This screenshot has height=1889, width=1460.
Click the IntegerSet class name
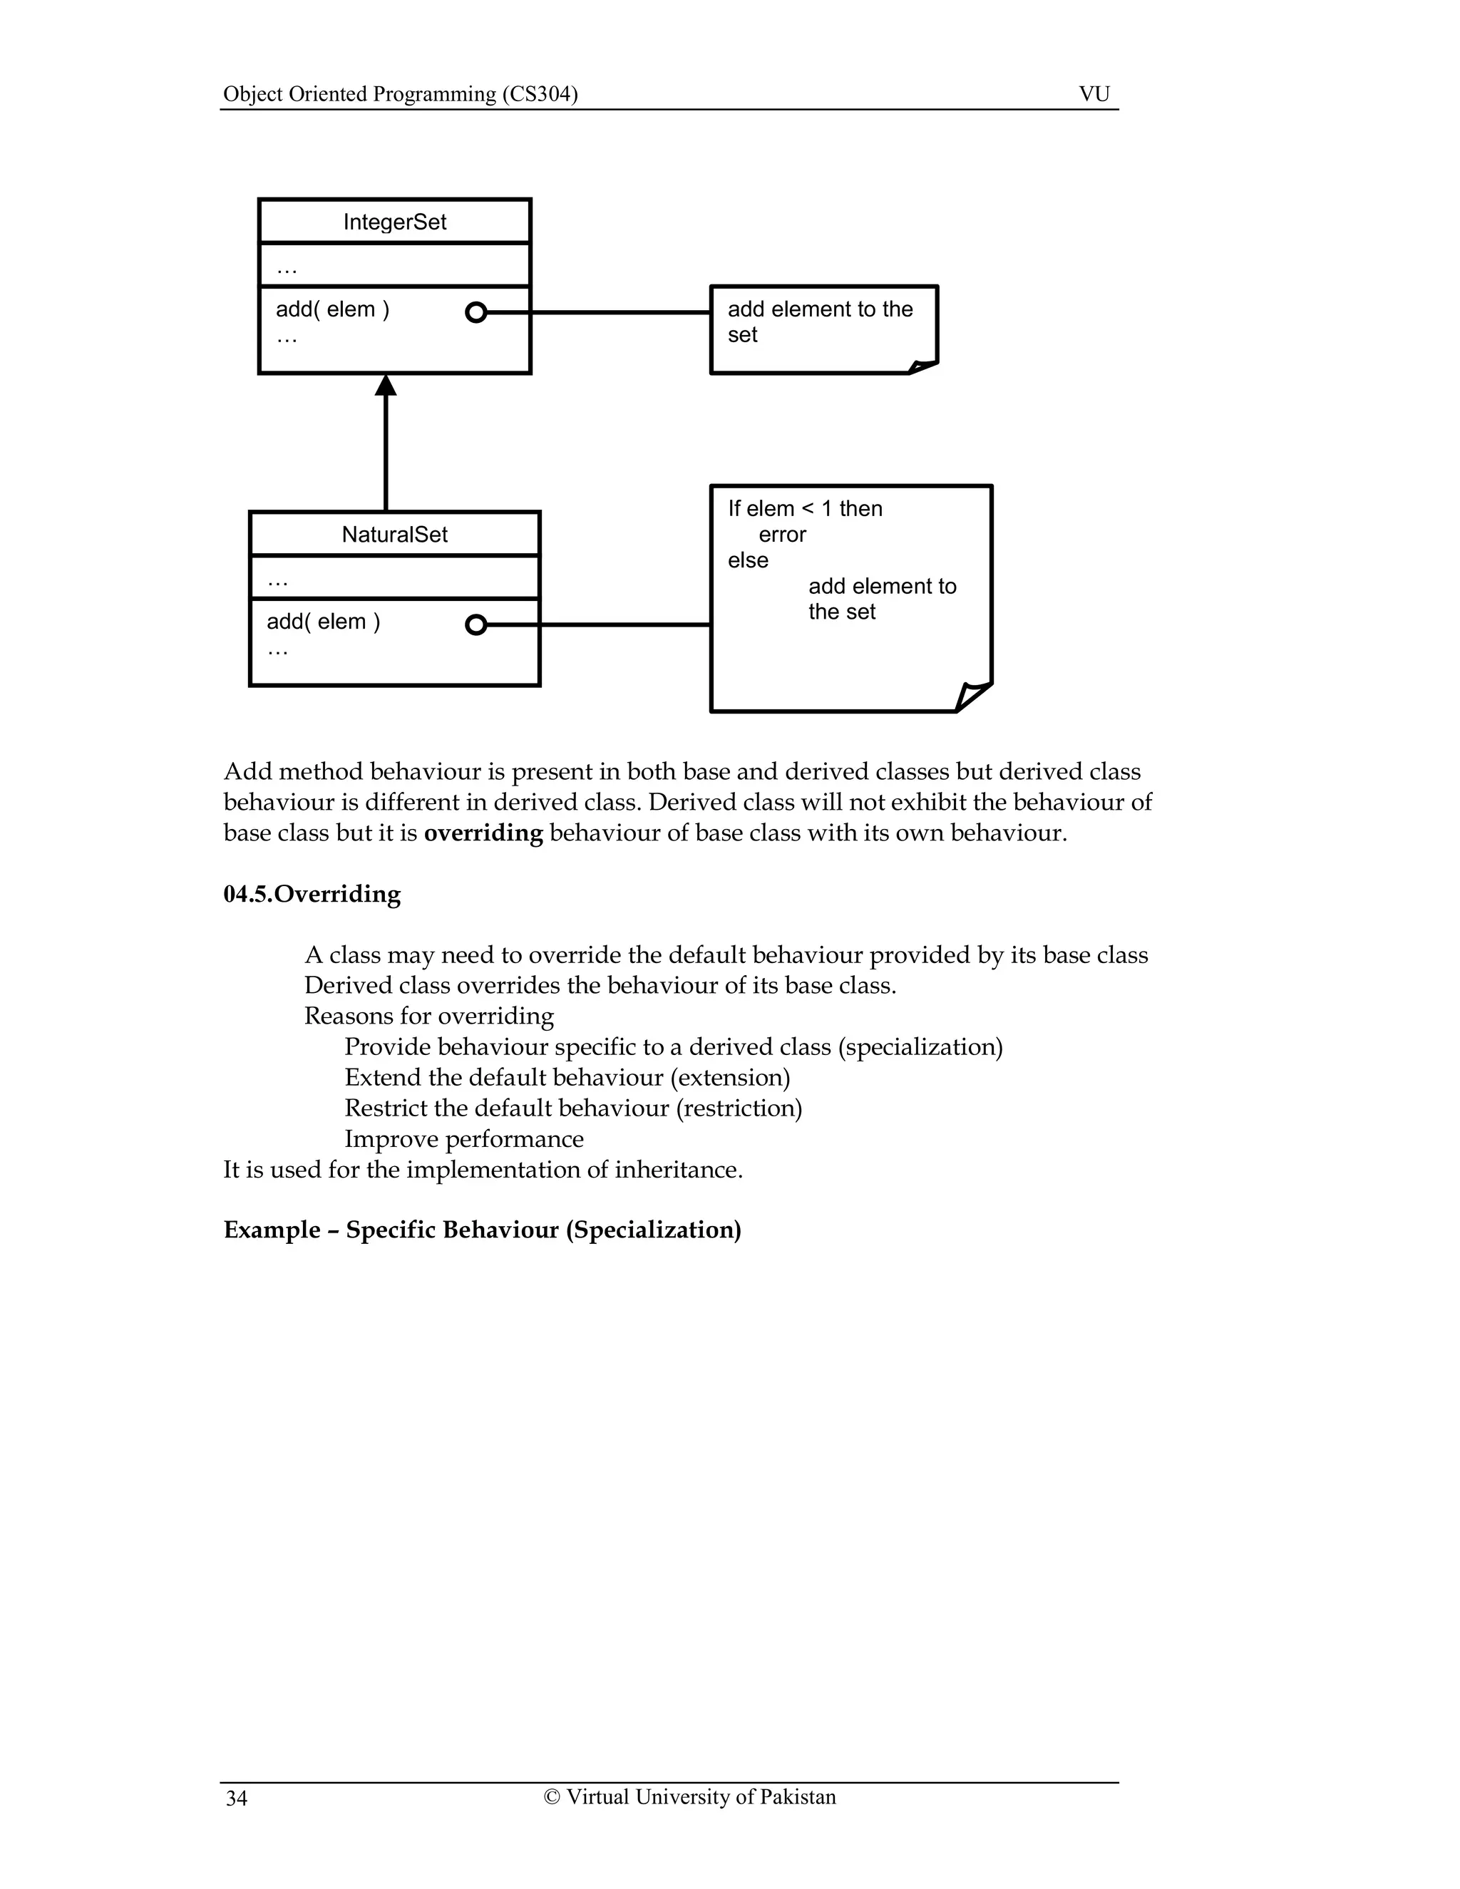[394, 222]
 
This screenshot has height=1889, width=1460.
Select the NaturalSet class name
[394, 535]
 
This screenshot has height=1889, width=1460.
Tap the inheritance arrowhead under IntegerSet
[386, 386]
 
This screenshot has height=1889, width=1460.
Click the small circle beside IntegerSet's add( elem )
[475, 312]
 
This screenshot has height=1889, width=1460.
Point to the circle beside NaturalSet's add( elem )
[475, 624]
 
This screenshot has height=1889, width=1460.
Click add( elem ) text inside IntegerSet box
[332, 309]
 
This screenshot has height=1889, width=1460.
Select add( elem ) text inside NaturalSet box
[324, 622]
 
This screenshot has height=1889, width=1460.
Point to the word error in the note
[782, 535]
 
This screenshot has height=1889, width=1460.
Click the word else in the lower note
[747, 560]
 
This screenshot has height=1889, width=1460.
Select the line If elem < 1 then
[804, 508]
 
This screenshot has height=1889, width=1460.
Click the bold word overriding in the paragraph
[483, 833]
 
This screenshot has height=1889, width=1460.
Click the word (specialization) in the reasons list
[920, 1046]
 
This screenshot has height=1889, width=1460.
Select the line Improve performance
[463, 1139]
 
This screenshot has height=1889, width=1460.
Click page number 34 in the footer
[236, 1799]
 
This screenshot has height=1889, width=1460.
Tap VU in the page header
[1094, 93]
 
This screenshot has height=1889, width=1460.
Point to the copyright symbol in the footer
[552, 1797]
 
